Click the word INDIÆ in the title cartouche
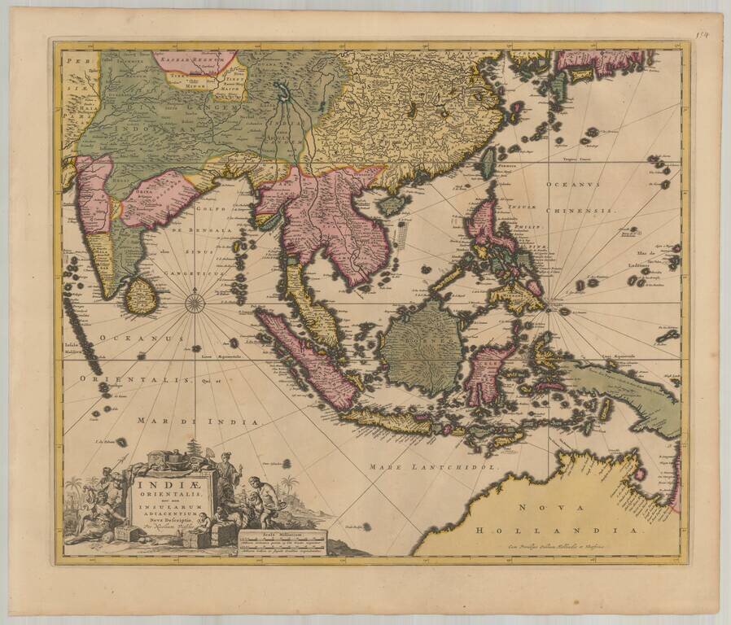[x=170, y=483]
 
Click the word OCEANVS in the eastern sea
[x=574, y=185]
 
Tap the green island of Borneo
[x=422, y=346]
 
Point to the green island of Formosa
[x=486, y=162]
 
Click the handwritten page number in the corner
[x=703, y=35]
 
